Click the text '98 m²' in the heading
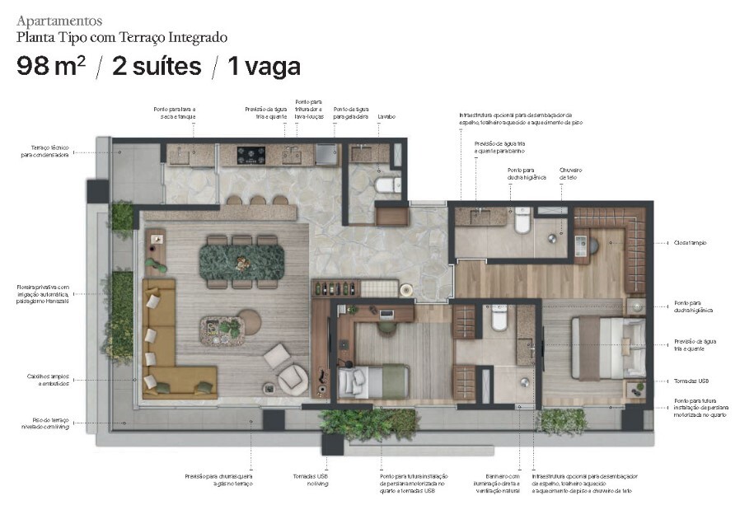tap(50, 67)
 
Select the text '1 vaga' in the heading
tap(264, 67)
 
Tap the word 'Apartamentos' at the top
tap(59, 20)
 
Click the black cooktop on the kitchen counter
tap(251, 154)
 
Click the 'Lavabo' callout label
tap(386, 117)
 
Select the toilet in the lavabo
tap(386, 185)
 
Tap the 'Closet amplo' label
tap(690, 243)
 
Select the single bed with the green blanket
tap(373, 381)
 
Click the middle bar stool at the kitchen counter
tap(258, 200)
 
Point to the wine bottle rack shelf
tap(335, 289)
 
